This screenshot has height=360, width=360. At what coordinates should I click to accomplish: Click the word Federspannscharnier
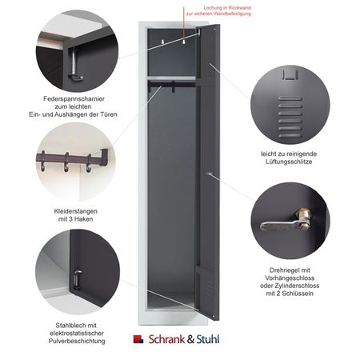(74, 99)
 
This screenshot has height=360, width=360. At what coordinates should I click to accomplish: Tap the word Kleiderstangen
(75, 211)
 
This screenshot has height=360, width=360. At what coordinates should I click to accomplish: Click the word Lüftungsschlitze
(289, 162)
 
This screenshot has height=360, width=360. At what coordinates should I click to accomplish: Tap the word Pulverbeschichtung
(77, 341)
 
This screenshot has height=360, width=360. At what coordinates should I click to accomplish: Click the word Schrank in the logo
(166, 339)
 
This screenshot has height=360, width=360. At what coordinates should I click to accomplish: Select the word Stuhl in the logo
(208, 339)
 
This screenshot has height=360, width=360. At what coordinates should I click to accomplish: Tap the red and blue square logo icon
(138, 339)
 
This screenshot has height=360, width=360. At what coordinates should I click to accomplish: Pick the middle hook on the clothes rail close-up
(66, 162)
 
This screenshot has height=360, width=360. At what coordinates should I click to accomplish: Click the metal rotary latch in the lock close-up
(285, 222)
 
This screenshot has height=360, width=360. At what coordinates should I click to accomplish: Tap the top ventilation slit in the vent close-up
(290, 98)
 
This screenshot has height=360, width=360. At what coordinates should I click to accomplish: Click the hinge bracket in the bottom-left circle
(78, 279)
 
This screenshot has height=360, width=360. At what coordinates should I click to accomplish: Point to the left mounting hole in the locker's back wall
(162, 42)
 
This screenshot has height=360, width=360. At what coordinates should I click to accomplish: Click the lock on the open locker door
(210, 174)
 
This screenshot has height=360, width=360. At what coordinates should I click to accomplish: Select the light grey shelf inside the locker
(172, 78)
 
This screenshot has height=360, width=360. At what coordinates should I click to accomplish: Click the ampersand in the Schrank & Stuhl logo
(190, 339)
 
